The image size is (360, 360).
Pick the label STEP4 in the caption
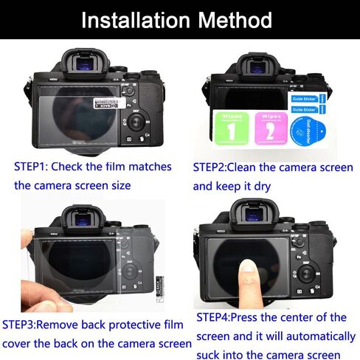pos(214,317)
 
